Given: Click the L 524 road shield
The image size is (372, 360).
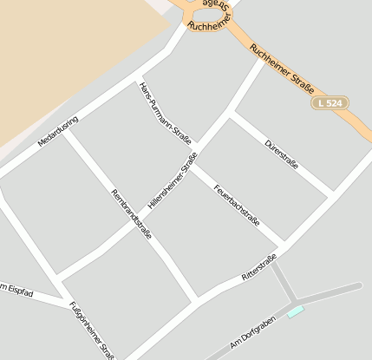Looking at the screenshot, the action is [x=329, y=102].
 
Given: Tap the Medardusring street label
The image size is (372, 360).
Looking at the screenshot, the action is [x=58, y=131].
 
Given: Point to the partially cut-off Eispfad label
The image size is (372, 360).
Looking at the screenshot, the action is [x=16, y=291].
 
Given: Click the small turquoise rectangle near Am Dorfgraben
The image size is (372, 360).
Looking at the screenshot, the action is [x=296, y=311].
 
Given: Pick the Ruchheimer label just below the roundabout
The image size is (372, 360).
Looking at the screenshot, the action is [x=207, y=26].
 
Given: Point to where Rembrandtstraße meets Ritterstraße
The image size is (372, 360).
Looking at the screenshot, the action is [x=195, y=298].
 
